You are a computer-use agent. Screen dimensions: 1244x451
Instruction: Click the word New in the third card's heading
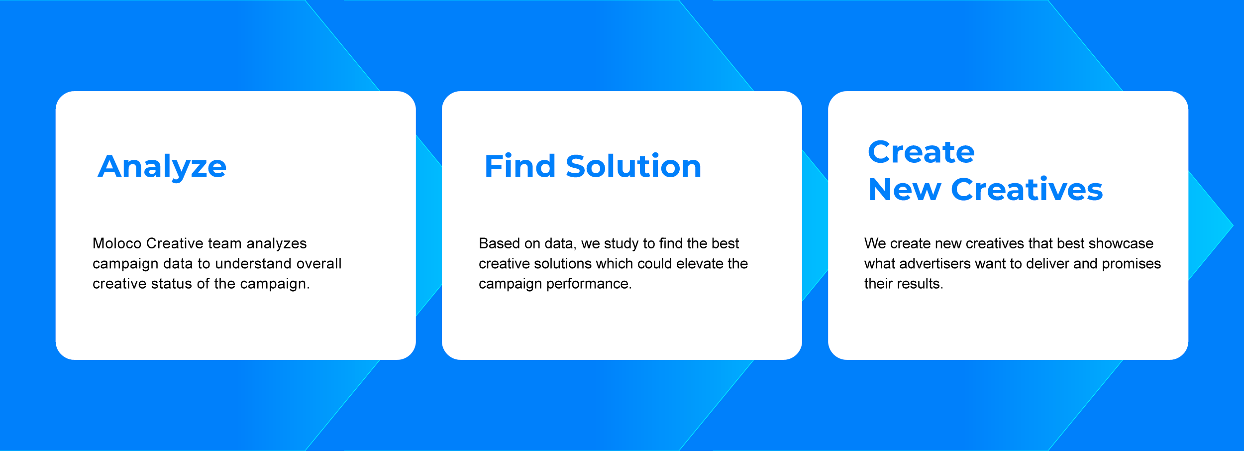[905, 190]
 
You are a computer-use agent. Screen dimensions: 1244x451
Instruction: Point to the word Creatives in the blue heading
[1027, 189]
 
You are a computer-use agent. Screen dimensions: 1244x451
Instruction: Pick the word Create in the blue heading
[921, 152]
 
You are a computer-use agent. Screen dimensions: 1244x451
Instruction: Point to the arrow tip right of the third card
[1233, 225]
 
